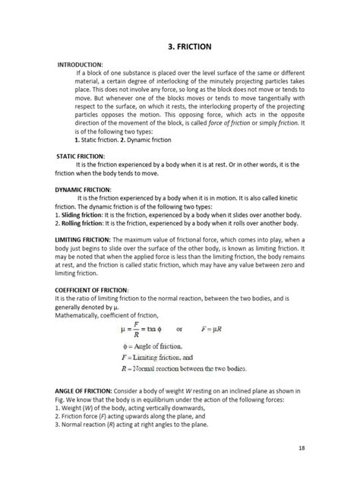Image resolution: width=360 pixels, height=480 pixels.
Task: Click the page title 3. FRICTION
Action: (x=180, y=46)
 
